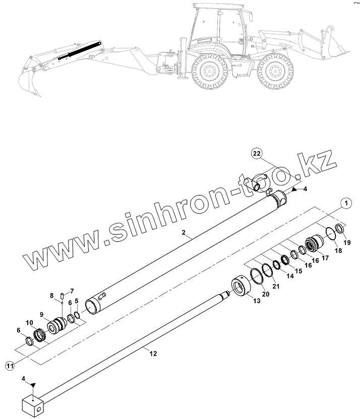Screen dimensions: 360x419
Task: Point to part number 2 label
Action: point(185,233)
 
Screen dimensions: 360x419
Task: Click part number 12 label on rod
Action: point(153,354)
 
